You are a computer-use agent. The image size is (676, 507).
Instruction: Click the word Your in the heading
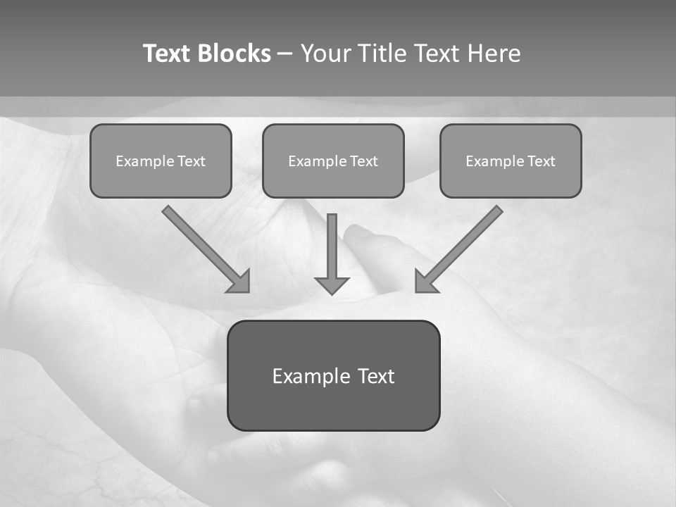click(326, 54)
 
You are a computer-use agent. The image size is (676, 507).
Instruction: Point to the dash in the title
click(286, 54)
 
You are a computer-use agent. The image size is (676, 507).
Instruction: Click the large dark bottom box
click(333, 408)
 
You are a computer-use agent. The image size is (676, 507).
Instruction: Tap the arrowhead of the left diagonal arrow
click(240, 282)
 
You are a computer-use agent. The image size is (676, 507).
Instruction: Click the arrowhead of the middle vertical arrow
click(332, 284)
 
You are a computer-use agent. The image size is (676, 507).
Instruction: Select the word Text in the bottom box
click(375, 376)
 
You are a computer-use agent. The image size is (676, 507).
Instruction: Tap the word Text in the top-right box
click(541, 161)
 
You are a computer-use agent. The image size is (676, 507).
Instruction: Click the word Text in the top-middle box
click(363, 161)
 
